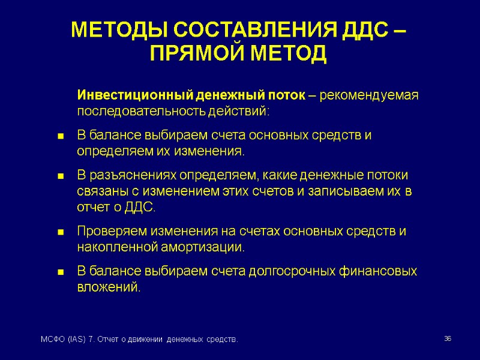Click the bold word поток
point(287,96)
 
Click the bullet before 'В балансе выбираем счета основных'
point(60,136)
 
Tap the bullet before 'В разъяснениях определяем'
point(60,176)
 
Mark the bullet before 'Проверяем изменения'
point(60,232)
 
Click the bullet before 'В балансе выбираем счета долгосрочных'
point(60,272)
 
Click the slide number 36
point(447,340)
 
